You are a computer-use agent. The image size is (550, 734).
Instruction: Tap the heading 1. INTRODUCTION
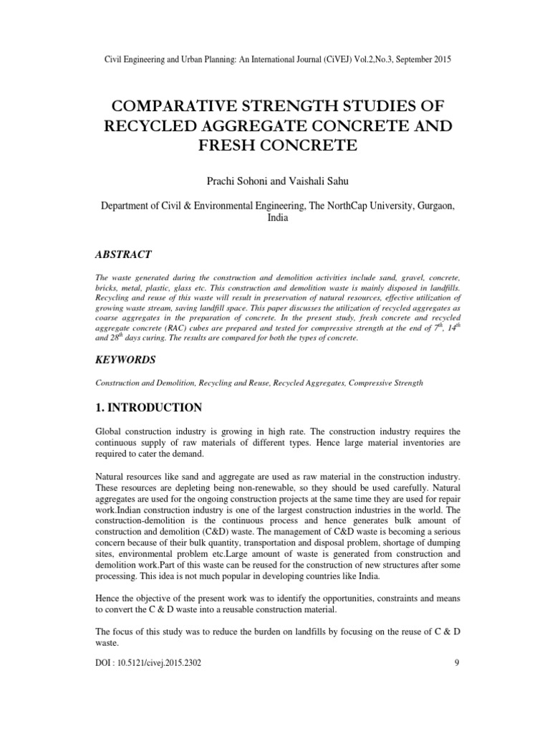coord(148,407)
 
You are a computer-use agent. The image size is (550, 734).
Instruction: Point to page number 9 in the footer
coord(456,663)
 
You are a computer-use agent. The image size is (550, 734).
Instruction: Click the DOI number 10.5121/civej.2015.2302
coord(157,663)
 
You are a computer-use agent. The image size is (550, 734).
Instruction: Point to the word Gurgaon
coord(433,205)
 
